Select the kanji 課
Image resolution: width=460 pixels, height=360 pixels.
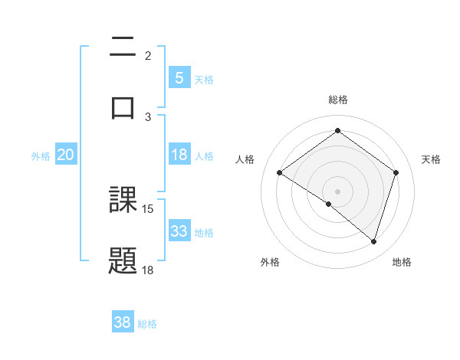pyautogui.click(x=123, y=201)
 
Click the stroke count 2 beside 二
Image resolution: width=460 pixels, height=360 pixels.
pyautogui.click(x=148, y=55)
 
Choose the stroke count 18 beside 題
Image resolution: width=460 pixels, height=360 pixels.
pyautogui.click(x=148, y=270)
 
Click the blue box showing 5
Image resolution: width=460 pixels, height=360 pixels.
pyautogui.click(x=179, y=77)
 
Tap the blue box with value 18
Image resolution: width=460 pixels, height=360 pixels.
pyautogui.click(x=179, y=155)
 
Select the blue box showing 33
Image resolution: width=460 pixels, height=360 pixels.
pyautogui.click(x=179, y=231)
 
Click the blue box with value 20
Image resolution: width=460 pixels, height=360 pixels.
pyautogui.click(x=65, y=155)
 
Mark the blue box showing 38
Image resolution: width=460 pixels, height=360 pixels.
pyautogui.click(x=123, y=322)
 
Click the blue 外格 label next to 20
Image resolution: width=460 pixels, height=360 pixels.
pyautogui.click(x=41, y=156)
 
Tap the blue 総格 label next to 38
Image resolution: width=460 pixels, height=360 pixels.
pyautogui.click(x=147, y=324)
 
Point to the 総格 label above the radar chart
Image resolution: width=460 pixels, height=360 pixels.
pyautogui.click(x=337, y=100)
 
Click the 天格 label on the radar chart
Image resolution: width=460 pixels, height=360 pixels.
pyautogui.click(x=431, y=159)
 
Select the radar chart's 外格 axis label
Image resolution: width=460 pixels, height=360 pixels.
pyautogui.click(x=270, y=262)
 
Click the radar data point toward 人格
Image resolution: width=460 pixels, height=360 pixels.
pyautogui.click(x=280, y=173)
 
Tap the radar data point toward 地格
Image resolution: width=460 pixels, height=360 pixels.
pyautogui.click(x=373, y=241)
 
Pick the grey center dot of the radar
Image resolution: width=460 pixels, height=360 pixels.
pyautogui.click(x=337, y=191)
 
